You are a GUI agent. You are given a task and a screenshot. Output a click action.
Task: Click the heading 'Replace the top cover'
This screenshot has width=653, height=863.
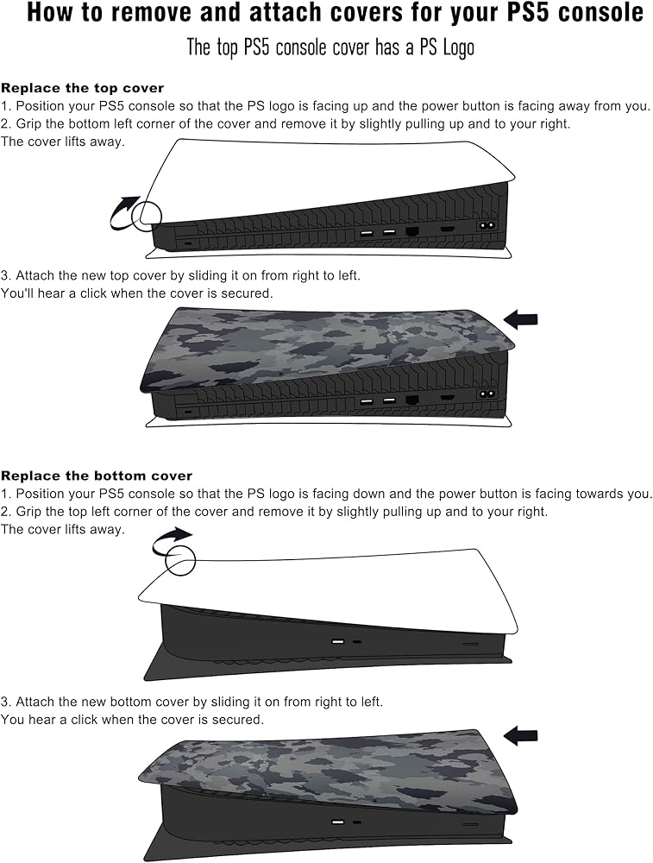83,88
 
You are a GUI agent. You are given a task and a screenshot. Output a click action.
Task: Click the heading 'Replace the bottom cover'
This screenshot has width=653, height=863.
97,476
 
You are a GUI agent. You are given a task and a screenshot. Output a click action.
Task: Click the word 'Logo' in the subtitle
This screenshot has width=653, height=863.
458,47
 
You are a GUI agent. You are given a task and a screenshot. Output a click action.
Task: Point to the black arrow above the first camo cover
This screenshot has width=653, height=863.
520,319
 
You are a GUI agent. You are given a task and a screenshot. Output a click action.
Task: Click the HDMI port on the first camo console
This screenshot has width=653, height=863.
447,396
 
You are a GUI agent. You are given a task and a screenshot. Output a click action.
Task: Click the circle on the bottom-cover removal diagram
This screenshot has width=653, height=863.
180,560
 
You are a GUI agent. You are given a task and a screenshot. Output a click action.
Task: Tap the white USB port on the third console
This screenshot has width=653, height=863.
338,642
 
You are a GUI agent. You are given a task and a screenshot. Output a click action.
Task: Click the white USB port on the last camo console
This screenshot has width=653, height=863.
338,822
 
